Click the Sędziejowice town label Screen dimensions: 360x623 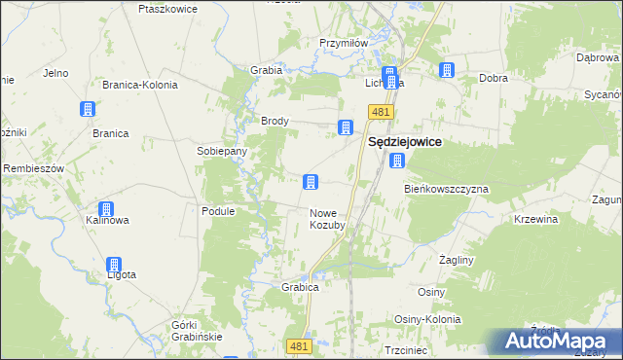pos(404,142)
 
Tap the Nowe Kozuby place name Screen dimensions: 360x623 pos(328,219)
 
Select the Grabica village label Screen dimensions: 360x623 pos(301,288)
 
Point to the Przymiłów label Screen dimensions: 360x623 pos(344,43)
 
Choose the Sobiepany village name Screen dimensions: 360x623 pos(222,152)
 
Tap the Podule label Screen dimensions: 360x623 pos(218,210)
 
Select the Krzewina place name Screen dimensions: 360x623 pos(536,220)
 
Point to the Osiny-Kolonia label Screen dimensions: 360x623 pos(427,319)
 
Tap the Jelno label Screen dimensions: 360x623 pos(55,73)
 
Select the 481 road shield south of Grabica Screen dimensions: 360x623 pos(300,346)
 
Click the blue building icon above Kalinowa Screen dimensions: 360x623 pos(106,208)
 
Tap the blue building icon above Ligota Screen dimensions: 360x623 pos(114,264)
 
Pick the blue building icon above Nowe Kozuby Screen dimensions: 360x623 pos(311,181)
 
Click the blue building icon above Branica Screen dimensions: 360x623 pos(88,109)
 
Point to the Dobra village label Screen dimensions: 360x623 pos(494,78)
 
